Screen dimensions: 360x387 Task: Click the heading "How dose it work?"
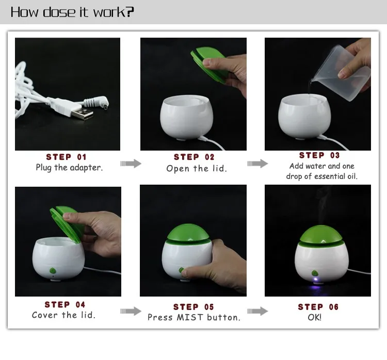tap(72, 12)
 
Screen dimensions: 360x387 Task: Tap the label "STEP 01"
tap(66, 157)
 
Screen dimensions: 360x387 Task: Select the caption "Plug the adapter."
tap(69, 167)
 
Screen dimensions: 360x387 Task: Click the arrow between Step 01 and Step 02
tap(131, 163)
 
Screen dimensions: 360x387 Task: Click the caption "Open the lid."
tap(197, 169)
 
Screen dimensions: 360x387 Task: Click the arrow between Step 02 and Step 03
tap(257, 163)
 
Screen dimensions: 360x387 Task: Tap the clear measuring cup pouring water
tap(341, 67)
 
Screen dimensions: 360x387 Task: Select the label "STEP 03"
tap(319, 155)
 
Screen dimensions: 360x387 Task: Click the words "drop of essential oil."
tap(321, 176)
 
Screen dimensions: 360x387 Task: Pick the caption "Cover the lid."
tap(63, 315)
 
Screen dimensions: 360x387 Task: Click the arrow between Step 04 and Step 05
tap(131, 311)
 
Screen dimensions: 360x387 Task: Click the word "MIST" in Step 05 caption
tap(190, 317)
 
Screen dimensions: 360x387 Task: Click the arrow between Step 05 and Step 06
tap(257, 311)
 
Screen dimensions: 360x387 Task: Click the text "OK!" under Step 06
tap(315, 317)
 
